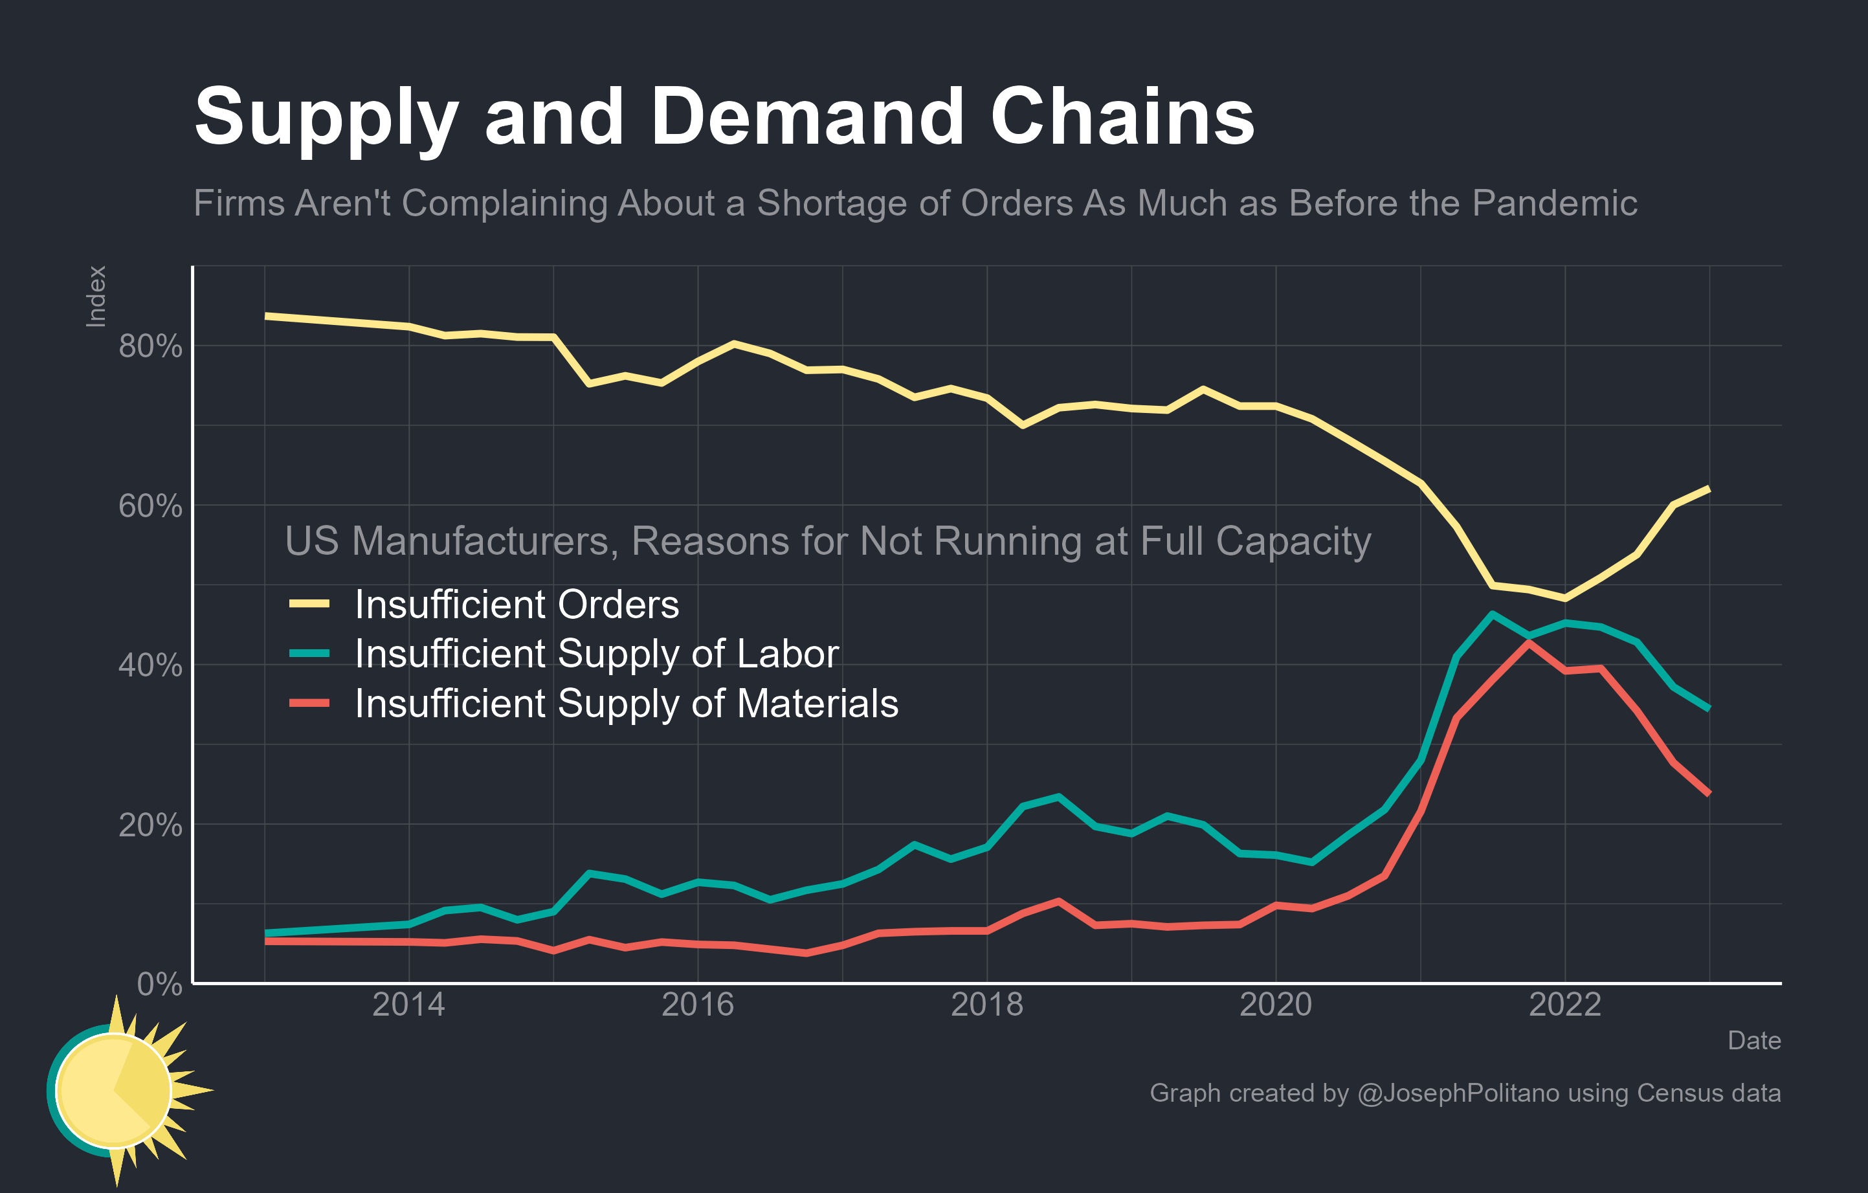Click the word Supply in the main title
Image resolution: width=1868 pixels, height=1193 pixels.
[x=326, y=118]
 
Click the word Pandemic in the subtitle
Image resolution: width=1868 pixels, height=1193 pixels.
[x=1554, y=203]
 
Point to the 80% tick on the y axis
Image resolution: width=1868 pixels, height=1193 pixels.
[x=150, y=346]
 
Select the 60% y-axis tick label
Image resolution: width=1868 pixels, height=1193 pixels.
[x=150, y=506]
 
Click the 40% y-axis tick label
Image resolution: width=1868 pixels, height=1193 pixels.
[x=150, y=665]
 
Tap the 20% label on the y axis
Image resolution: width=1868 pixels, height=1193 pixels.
[x=150, y=825]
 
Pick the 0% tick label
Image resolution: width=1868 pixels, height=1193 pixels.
[x=159, y=985]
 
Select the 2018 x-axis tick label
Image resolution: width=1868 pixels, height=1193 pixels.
[x=986, y=1005]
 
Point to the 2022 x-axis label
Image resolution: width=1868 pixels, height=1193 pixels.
[x=1564, y=1005]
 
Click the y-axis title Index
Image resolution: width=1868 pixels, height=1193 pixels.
[x=95, y=296]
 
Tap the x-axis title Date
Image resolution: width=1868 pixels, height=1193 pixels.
[x=1753, y=1041]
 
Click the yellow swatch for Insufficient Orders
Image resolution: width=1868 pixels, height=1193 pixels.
[x=309, y=603]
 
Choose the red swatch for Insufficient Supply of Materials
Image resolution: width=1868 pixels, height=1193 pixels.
[x=309, y=704]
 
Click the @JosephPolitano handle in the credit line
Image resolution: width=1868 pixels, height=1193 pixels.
[x=1458, y=1093]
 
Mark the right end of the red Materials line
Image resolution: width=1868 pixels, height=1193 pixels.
[x=1709, y=794]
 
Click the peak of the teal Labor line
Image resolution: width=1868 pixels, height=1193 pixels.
[x=1493, y=614]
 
